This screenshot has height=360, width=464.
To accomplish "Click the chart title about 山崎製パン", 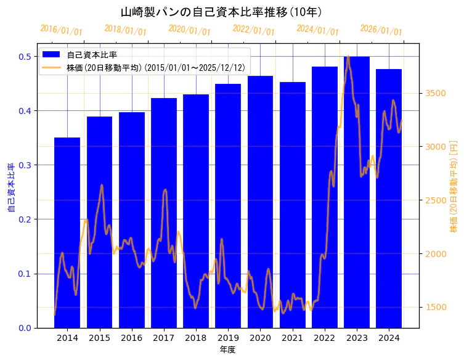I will click(x=221, y=12).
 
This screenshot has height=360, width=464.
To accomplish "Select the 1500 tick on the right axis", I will click(x=435, y=307).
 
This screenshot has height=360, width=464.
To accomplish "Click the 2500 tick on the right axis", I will click(x=435, y=200).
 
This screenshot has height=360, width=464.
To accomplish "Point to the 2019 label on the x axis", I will click(x=228, y=338).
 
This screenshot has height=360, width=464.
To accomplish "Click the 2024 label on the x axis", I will click(x=389, y=338).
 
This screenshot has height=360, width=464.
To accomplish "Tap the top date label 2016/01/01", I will click(x=61, y=29).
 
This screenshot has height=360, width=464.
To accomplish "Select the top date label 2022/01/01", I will click(x=253, y=30).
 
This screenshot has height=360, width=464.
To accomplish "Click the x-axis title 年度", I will click(x=228, y=350).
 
